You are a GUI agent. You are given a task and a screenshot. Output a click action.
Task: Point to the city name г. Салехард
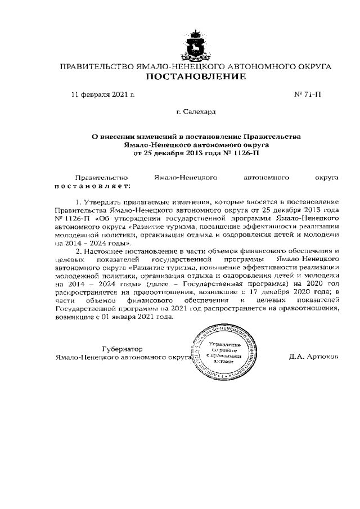[x=196, y=112]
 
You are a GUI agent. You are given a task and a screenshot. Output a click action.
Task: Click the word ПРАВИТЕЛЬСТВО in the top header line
[x=97, y=66]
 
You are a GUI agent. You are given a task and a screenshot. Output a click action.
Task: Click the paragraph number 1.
[x=78, y=201]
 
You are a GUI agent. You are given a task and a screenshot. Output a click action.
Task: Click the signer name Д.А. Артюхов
[x=314, y=357]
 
